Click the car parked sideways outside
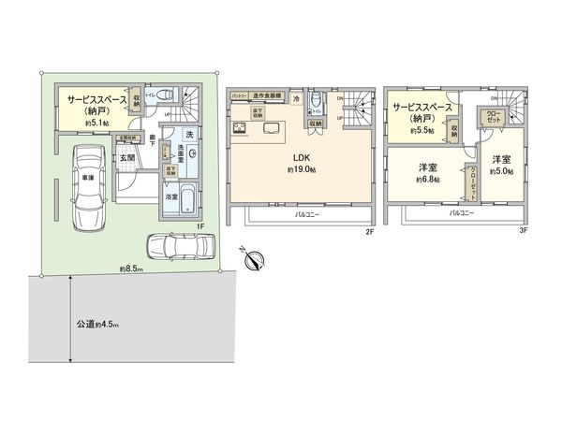pos(180,246)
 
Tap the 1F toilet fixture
pos(166,94)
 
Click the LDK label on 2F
pos(301,155)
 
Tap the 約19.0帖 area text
pos(301,169)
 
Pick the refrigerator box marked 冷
pos(295,97)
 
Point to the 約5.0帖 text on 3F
pos(500,169)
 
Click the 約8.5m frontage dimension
pos(131,269)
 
